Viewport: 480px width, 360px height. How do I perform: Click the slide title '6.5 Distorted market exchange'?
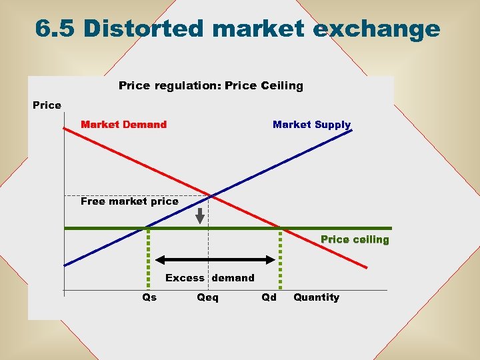(x=237, y=29)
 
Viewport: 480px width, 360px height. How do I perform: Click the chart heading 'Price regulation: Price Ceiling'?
(x=211, y=85)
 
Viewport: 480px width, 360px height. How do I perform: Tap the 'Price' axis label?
(x=47, y=105)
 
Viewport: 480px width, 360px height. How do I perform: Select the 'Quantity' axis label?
(x=316, y=297)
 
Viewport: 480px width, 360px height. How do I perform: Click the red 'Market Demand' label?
(x=123, y=125)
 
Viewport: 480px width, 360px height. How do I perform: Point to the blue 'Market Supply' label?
(x=311, y=125)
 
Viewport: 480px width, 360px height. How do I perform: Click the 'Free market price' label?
(x=129, y=201)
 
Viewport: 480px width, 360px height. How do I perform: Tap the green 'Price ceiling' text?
(x=355, y=239)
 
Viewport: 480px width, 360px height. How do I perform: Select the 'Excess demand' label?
(x=210, y=278)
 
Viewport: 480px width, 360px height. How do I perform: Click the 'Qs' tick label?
(x=150, y=297)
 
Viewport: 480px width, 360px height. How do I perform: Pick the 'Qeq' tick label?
(x=207, y=297)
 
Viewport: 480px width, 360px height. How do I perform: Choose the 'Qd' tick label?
(x=269, y=297)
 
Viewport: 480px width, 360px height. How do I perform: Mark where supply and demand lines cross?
(x=211, y=195)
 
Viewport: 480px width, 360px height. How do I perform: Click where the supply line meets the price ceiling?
(x=148, y=228)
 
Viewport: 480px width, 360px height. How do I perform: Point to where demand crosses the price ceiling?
(x=280, y=228)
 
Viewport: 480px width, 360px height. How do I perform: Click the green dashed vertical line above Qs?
(x=148, y=260)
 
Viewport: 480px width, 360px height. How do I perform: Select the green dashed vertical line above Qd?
(x=280, y=260)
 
